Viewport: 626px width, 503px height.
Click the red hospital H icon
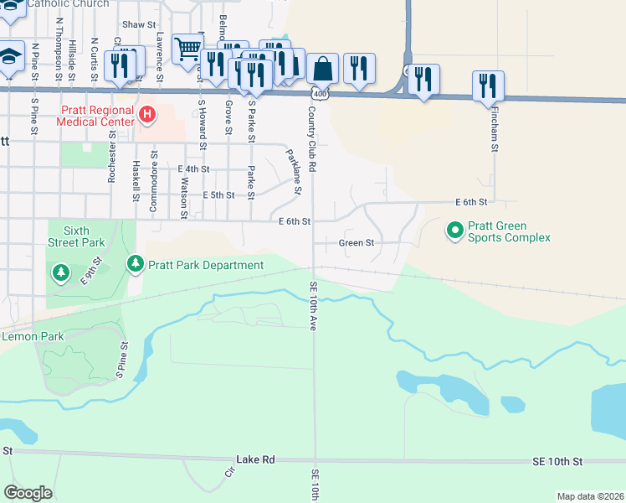[x=147, y=114]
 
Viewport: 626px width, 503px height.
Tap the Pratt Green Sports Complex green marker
[x=454, y=229]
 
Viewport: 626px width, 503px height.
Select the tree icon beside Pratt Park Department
[x=136, y=265]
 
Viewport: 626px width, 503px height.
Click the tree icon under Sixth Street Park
[x=61, y=273]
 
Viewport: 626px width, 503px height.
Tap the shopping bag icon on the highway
[x=322, y=68]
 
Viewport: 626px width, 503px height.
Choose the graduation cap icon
[x=9, y=56]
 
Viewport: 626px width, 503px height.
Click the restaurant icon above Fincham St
[x=488, y=85]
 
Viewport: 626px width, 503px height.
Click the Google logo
[x=28, y=493]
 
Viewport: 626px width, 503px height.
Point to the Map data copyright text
[x=590, y=496]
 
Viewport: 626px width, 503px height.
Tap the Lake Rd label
[x=255, y=460]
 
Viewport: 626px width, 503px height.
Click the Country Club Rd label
[x=311, y=139]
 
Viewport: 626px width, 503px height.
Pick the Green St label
[x=355, y=243]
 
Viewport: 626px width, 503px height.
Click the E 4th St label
[x=194, y=169]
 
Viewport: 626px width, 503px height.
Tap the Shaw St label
[x=139, y=25]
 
